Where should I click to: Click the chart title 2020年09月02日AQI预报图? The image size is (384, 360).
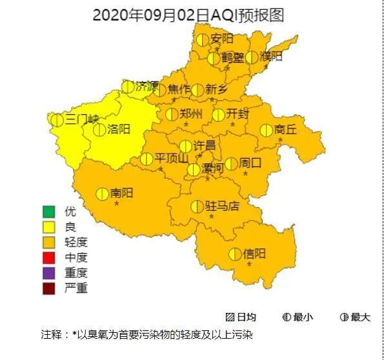(x=188, y=15)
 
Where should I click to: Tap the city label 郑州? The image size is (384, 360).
(x=192, y=114)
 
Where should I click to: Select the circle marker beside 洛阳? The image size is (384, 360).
(x=99, y=130)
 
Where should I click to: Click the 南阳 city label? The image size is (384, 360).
(x=121, y=193)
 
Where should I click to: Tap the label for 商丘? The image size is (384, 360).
(x=285, y=130)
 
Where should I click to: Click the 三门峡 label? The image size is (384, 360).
(x=82, y=119)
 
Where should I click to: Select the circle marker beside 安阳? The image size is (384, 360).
(x=203, y=39)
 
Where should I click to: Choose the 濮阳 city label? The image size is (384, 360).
(x=271, y=57)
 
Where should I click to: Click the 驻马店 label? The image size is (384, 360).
(x=222, y=206)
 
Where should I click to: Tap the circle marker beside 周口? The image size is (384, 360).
(x=231, y=164)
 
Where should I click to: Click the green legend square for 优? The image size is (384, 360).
(x=49, y=212)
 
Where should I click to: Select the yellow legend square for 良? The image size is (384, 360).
(x=49, y=227)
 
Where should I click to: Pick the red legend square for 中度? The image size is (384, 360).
(x=49, y=257)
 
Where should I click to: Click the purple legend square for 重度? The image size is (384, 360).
(x=49, y=273)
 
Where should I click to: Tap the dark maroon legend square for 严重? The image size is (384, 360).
(x=49, y=288)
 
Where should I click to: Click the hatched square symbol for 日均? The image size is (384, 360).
(x=230, y=317)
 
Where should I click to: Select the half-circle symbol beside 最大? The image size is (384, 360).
(x=344, y=317)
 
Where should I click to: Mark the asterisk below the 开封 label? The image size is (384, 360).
(x=232, y=125)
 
